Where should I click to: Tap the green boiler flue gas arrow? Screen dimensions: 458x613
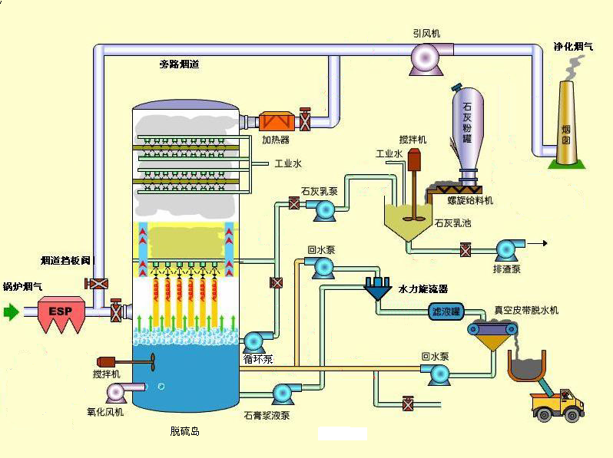click(11, 312)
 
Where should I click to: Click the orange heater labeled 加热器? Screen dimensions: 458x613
click(276, 121)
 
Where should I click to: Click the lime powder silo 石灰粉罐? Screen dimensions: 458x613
click(468, 126)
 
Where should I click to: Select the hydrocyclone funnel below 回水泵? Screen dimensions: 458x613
click(378, 288)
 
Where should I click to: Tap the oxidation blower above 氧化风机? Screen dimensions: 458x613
click(116, 392)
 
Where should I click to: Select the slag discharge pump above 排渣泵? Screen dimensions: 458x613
click(507, 249)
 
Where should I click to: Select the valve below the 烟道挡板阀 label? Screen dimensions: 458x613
click(97, 284)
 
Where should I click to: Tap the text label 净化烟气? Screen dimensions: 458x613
click(573, 47)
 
